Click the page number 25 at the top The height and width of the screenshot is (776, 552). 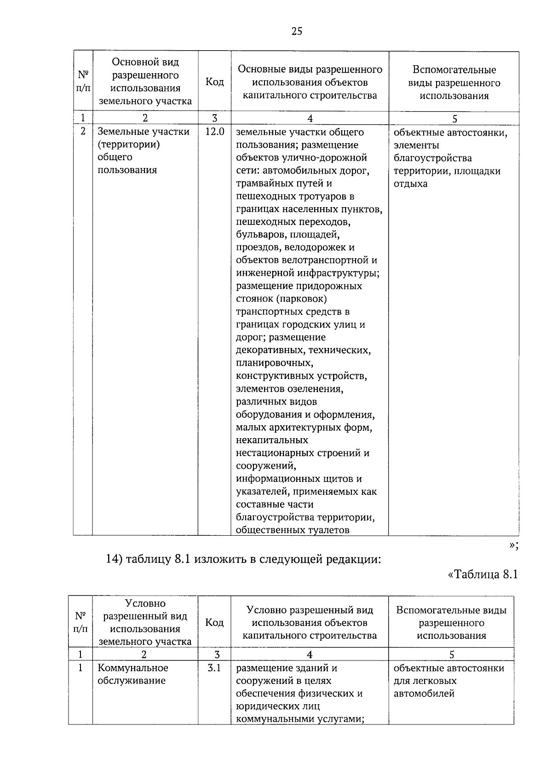click(297, 31)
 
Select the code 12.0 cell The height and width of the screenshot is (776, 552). click(214, 132)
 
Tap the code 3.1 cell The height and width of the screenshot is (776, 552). click(214, 667)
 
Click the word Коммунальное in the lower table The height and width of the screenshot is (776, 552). click(133, 667)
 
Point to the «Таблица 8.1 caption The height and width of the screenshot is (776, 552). click(483, 574)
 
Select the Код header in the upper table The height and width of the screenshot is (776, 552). click(214, 82)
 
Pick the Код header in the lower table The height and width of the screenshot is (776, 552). click(214, 622)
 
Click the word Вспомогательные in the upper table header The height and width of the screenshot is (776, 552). click(454, 70)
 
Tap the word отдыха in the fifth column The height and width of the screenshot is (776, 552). click(410, 184)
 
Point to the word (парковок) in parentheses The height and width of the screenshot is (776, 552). click(302, 299)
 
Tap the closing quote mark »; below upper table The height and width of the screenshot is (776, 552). click(514, 545)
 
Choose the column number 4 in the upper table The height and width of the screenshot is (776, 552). click(310, 119)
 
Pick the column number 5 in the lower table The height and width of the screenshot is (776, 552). click(451, 654)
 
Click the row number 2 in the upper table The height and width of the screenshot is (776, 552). click(83, 132)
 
